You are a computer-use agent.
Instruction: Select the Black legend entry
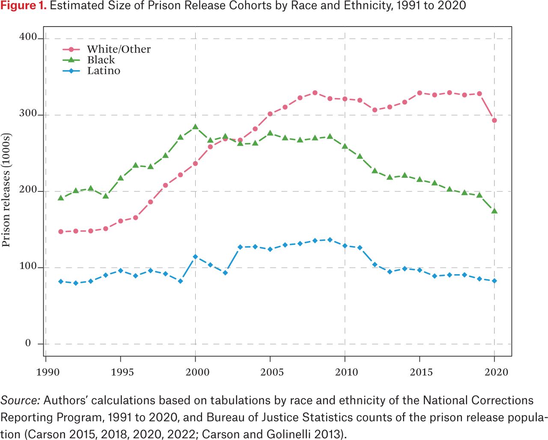click(x=101, y=60)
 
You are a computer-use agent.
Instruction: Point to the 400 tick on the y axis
click(x=28, y=37)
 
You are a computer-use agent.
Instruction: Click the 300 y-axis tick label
click(x=28, y=114)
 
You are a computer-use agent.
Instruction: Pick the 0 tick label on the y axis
click(x=28, y=343)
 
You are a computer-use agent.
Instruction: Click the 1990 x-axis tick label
click(x=48, y=372)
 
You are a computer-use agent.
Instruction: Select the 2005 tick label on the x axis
click(x=272, y=372)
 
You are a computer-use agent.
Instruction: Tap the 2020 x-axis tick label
click(x=496, y=372)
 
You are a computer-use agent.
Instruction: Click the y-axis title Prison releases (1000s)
click(x=6, y=190)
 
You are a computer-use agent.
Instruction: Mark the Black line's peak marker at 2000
click(x=195, y=127)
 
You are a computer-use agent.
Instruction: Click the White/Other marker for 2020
click(x=494, y=120)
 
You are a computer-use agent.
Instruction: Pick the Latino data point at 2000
click(x=195, y=257)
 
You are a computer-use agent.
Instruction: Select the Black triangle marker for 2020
click(x=494, y=211)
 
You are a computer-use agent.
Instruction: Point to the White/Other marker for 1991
click(x=61, y=232)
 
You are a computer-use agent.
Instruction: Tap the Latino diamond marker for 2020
click(x=494, y=281)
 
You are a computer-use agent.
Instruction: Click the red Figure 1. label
click(x=24, y=6)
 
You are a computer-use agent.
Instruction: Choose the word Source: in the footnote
click(x=20, y=401)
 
